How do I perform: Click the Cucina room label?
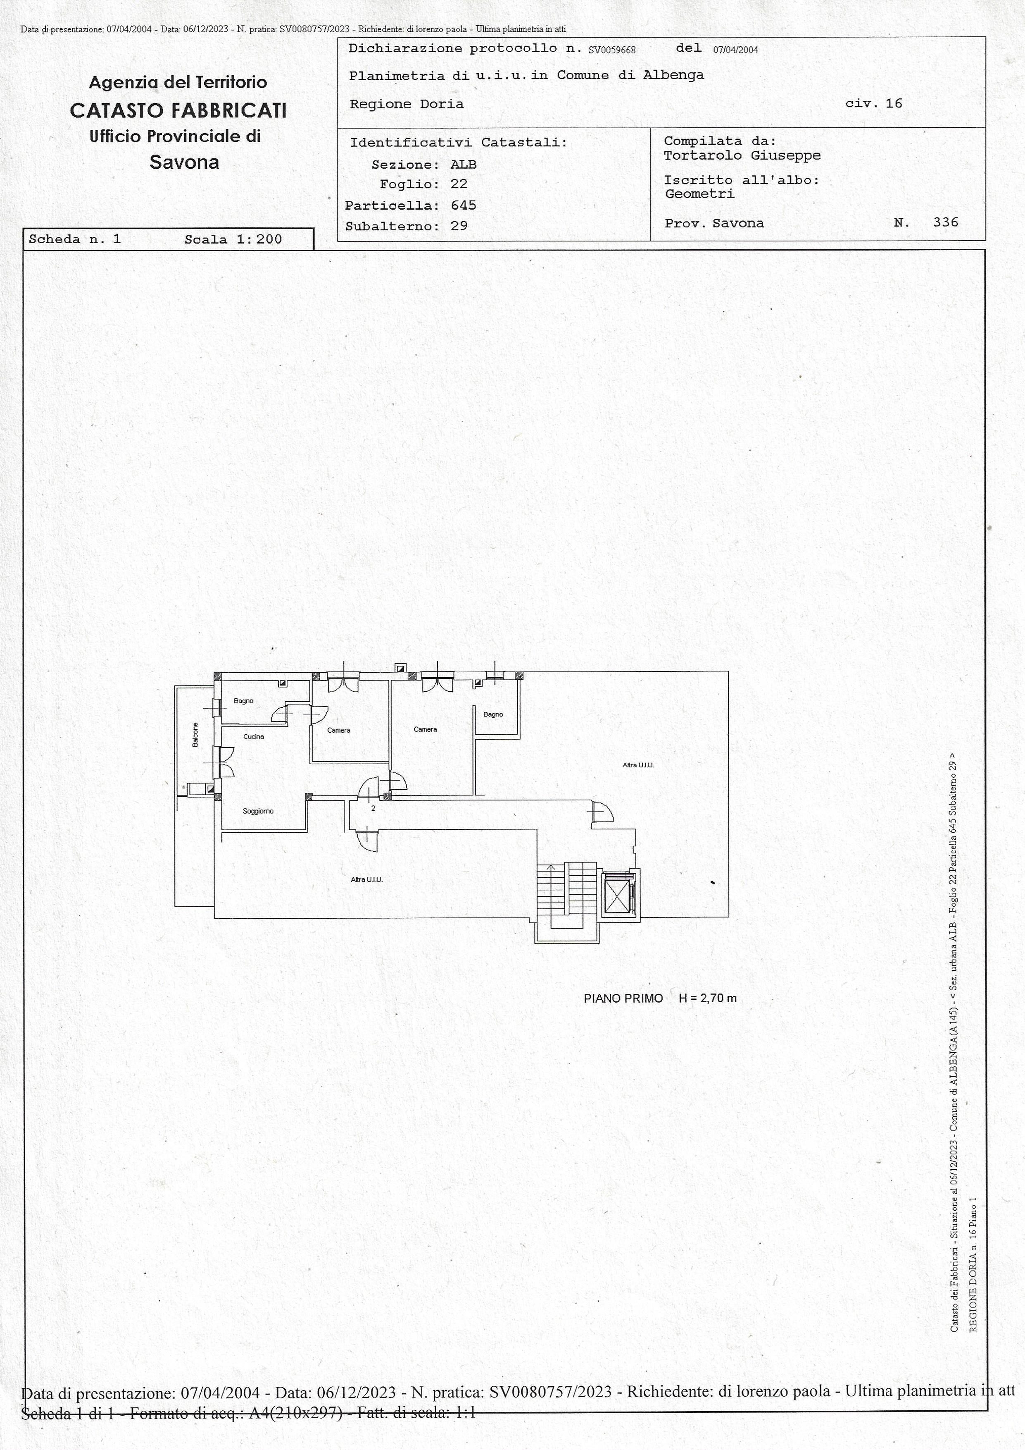254,736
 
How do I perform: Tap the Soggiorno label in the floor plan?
258,811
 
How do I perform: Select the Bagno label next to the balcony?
244,701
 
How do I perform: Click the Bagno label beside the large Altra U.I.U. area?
493,714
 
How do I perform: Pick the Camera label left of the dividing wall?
339,730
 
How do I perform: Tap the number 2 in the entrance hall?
373,808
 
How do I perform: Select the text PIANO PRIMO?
623,999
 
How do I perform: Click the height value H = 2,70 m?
708,999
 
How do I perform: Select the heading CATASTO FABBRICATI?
178,110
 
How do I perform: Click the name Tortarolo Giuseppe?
742,155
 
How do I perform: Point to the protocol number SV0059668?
611,50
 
